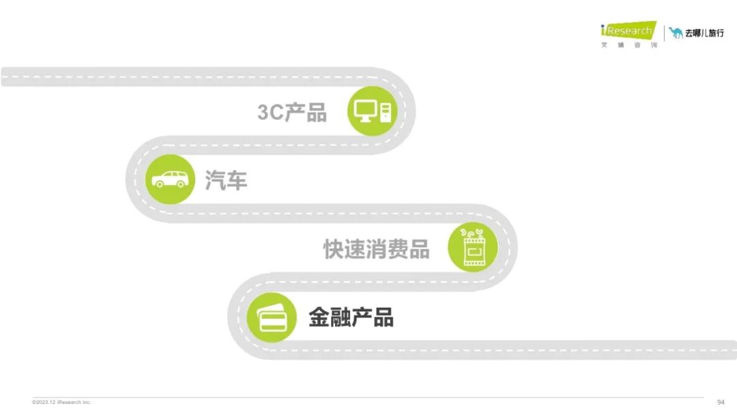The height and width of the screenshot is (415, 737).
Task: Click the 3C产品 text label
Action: pos(292,113)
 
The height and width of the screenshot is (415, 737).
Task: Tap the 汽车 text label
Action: pos(226,180)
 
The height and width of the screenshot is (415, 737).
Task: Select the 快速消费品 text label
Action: pos(377,248)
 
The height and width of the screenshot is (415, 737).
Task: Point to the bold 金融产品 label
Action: pos(351,317)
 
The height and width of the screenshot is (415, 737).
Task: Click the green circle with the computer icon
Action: pos(373,111)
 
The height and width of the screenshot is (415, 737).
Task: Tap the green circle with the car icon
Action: pos(170,179)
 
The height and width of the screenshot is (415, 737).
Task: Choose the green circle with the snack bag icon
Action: pos(473,247)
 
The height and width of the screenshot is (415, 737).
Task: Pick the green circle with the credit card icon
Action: pos(272,317)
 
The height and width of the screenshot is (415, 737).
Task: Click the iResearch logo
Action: pos(628,31)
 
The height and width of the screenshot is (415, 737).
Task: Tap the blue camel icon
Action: pos(676,33)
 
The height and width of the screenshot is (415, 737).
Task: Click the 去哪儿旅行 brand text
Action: pos(704,33)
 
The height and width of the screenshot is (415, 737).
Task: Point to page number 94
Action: pos(721,402)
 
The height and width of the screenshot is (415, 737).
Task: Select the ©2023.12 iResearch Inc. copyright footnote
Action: pos(61,402)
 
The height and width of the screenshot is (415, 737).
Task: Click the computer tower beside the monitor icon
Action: pos(386,112)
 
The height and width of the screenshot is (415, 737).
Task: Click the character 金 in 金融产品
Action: pos(319,317)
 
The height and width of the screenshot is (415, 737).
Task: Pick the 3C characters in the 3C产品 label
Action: pos(271,113)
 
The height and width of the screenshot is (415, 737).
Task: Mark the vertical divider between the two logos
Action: pos(664,33)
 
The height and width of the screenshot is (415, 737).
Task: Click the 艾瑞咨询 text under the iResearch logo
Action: pos(629,45)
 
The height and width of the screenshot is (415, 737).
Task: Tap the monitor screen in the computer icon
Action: pos(365,109)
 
